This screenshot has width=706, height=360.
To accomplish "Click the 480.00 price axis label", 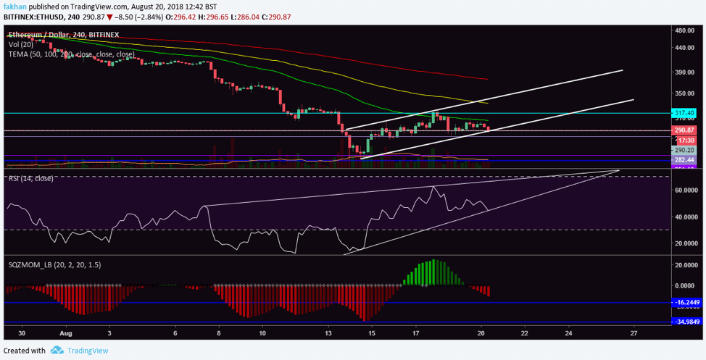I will pyautogui.click(x=685, y=31).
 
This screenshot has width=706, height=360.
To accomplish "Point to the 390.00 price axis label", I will pyautogui.click(x=685, y=72).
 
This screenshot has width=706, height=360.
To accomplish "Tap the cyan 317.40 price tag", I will pyautogui.click(x=684, y=113).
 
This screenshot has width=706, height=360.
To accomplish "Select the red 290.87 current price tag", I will pyautogui.click(x=684, y=130).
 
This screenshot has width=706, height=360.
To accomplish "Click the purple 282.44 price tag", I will pyautogui.click(x=684, y=159).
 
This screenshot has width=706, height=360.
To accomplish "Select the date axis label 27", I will pyautogui.click(x=634, y=334).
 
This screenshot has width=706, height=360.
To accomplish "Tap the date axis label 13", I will pyautogui.click(x=328, y=334).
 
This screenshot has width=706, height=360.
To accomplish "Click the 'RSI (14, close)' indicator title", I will pyautogui.click(x=30, y=177).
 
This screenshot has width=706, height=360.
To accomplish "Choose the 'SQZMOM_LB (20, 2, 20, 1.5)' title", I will pyautogui.click(x=54, y=265).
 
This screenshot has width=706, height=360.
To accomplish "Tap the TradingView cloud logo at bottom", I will pyautogui.click(x=57, y=351).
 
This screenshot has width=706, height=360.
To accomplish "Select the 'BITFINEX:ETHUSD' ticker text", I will pyautogui.click(x=33, y=16).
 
